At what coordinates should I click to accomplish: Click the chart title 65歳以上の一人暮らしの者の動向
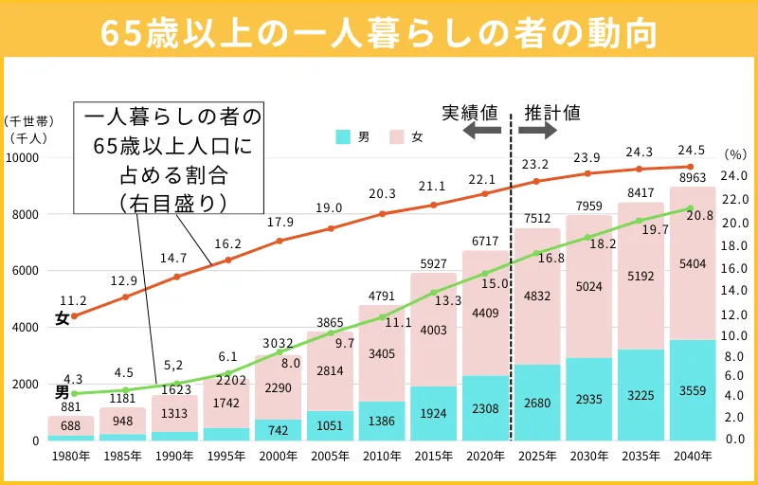click(x=379, y=30)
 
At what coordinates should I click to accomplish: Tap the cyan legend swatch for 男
click(x=344, y=136)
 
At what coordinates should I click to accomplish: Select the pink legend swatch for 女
click(x=398, y=136)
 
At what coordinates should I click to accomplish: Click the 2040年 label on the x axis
click(x=693, y=456)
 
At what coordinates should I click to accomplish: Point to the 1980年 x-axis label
click(x=71, y=456)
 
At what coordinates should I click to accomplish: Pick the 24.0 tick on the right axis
click(x=735, y=175)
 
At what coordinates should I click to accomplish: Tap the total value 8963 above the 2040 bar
click(x=693, y=176)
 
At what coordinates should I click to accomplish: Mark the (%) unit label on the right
click(x=735, y=153)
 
